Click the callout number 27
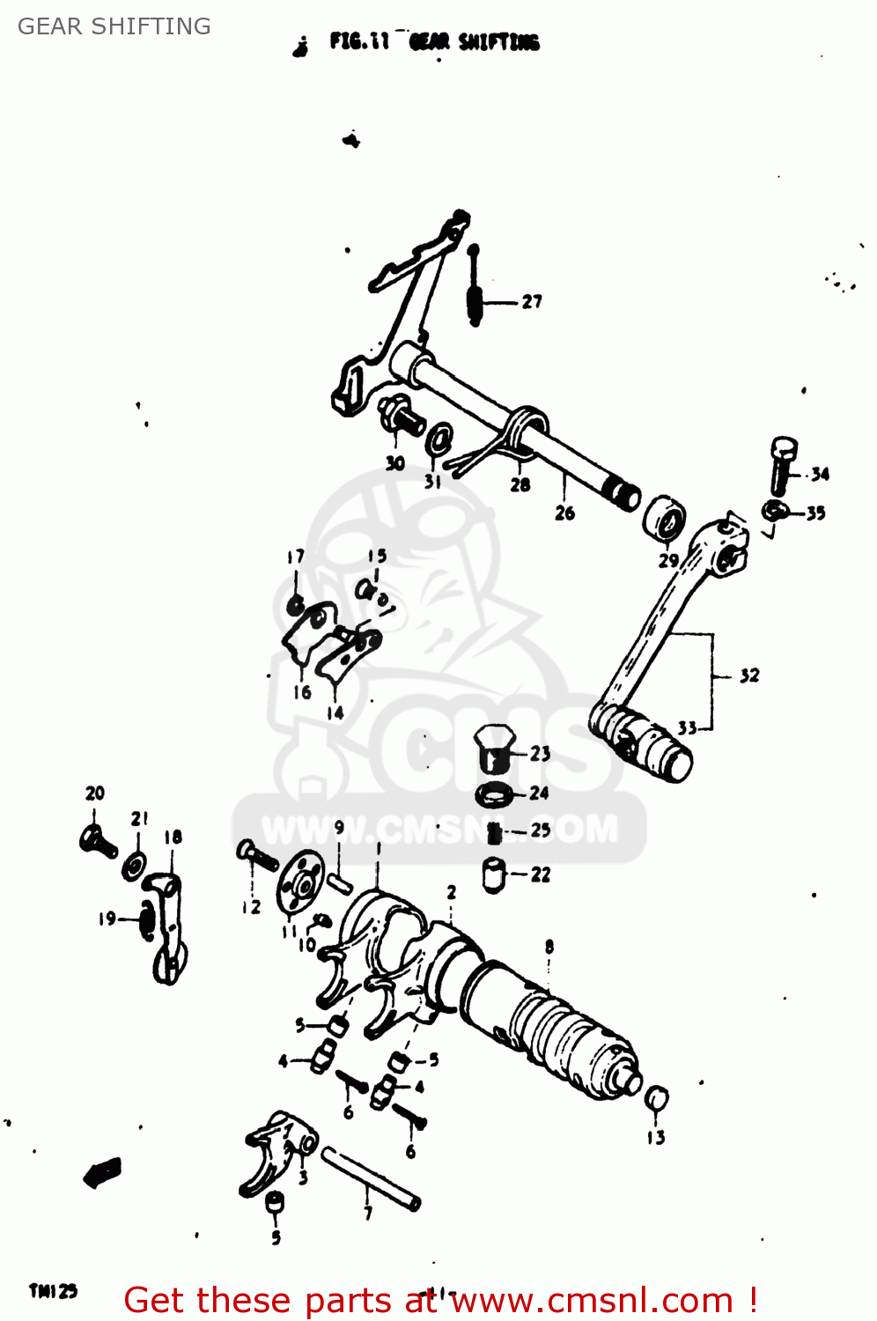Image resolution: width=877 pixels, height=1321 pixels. coord(532,302)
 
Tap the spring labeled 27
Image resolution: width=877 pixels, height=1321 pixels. coord(475,291)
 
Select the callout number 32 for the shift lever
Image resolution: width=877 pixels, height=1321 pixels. coord(748,675)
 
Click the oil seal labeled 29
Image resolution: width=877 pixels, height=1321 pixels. coord(665,520)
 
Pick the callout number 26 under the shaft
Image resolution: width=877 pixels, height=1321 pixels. coord(564,513)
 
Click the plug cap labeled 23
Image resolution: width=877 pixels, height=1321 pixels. coord(495,749)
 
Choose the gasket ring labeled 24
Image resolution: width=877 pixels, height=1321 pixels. coord(494,794)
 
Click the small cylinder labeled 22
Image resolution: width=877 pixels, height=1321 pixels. coord(495,876)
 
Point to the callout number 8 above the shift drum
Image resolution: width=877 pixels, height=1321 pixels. coord(549,947)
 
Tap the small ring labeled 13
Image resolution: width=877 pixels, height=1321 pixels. coord(657,1099)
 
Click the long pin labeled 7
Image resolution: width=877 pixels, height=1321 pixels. coord(370,1178)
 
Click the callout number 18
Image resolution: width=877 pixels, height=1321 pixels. coord(173,838)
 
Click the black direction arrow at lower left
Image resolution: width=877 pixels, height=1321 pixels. coord(102,1172)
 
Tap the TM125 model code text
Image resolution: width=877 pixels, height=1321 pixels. coord(54,1291)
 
